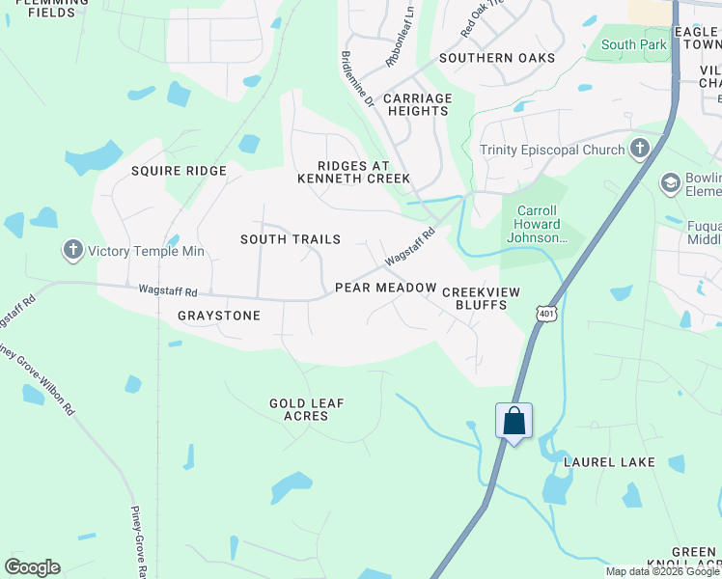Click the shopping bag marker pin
coord(514,421)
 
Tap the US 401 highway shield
coord(547,314)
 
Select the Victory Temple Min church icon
coord(72,251)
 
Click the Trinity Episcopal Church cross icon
coord(638,150)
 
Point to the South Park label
coord(633,44)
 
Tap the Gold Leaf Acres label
coord(306,409)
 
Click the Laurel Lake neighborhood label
coord(610,462)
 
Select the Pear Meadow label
coord(385,288)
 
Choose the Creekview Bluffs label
coord(474,297)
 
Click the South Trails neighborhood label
coord(290,238)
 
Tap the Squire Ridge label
coord(179,171)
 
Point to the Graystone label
coord(219,316)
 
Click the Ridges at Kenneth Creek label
coord(353,172)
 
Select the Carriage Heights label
coord(417,104)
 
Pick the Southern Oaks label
coord(496,58)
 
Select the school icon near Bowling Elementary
coord(670,182)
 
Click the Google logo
coord(32,567)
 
